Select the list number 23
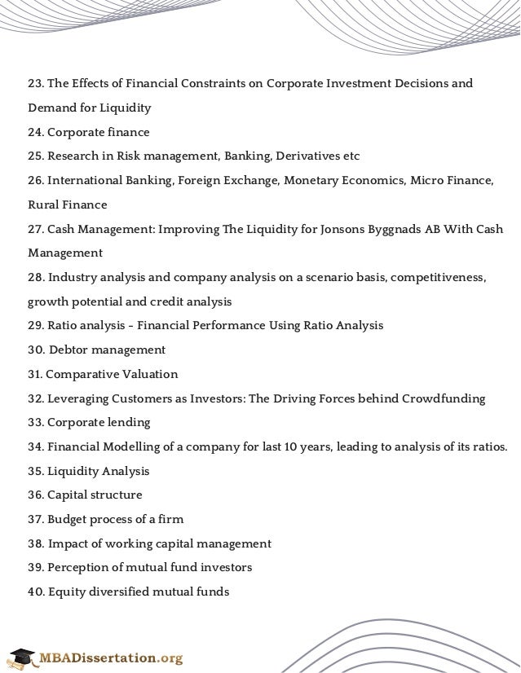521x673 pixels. [35, 84]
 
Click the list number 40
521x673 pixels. [36, 592]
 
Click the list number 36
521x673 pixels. [36, 495]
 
